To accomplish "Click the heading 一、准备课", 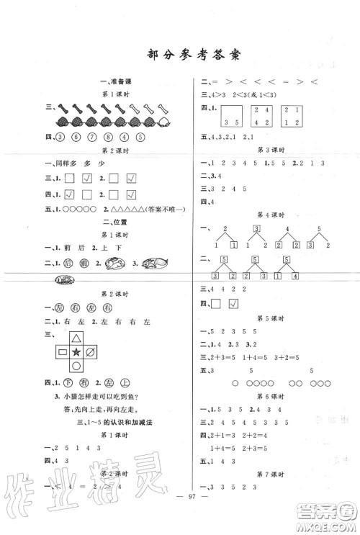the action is [x=115, y=81].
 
